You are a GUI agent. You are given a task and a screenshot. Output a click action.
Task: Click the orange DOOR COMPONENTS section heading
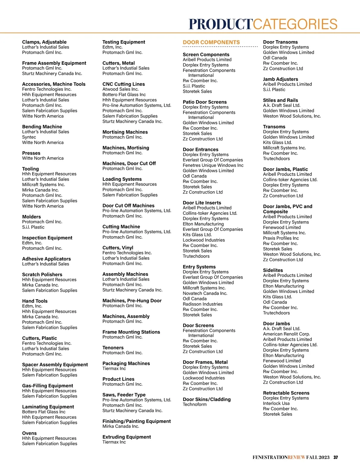(x=211, y=42)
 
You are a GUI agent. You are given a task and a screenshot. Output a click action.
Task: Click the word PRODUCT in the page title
(x=221, y=24)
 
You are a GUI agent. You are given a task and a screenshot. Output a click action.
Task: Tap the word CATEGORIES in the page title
(x=295, y=24)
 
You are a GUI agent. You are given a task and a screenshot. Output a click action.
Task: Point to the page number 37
(x=336, y=457)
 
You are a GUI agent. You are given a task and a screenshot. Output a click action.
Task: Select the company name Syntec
(x=29, y=137)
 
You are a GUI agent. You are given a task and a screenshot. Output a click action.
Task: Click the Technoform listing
(x=195, y=404)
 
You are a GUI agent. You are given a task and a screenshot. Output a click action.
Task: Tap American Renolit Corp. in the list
(x=286, y=334)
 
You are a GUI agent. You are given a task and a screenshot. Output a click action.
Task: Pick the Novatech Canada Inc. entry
(x=205, y=293)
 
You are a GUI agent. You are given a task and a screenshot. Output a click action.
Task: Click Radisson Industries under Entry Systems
(x=202, y=304)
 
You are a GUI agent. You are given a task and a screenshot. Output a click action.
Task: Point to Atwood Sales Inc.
(x=121, y=89)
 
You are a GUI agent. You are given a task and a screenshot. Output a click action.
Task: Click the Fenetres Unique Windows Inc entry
(x=213, y=165)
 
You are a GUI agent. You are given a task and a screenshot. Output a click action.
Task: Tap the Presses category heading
(x=31, y=153)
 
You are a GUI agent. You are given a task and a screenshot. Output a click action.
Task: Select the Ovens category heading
(x=29, y=433)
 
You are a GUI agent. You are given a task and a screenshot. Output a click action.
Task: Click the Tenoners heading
(x=113, y=348)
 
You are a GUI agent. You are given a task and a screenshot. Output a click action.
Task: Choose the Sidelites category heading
(x=273, y=270)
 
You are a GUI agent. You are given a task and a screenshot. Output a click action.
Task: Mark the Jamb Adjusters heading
(x=280, y=79)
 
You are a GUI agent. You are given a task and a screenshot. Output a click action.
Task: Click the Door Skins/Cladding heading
(x=207, y=399)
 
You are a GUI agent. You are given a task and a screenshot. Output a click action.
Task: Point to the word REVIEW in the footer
(x=296, y=457)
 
